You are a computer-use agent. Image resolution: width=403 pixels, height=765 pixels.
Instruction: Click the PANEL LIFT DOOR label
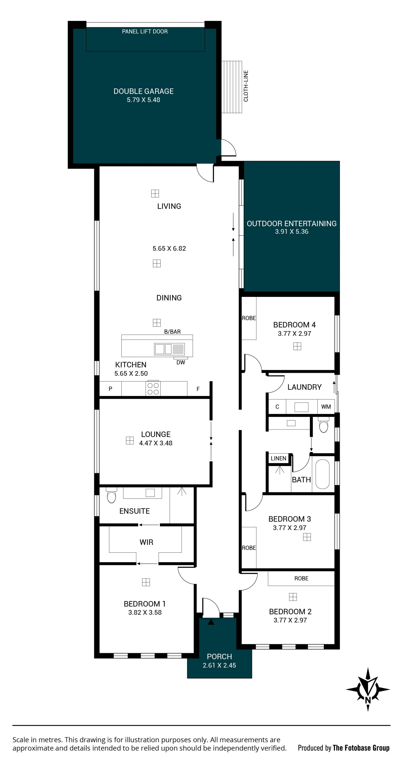tap(145, 31)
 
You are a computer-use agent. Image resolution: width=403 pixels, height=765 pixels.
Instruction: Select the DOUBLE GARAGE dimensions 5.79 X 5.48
tap(143, 100)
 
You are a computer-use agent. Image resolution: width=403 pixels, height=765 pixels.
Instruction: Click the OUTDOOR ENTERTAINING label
tap(292, 224)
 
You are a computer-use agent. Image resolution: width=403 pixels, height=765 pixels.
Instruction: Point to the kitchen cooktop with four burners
tap(153, 388)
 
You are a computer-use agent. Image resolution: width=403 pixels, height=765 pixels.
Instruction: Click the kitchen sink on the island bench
tap(169, 349)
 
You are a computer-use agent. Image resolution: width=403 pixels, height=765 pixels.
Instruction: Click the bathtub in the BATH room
tap(322, 474)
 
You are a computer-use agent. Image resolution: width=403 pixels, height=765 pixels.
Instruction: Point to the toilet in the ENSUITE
tap(111, 495)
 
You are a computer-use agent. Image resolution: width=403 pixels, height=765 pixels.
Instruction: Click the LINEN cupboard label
tap(278, 458)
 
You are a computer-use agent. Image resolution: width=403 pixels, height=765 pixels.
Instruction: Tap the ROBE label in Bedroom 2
tap(301, 578)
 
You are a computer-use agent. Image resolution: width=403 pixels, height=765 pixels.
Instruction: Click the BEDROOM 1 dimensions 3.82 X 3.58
tap(145, 612)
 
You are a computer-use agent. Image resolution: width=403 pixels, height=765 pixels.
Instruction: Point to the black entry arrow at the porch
tap(211, 622)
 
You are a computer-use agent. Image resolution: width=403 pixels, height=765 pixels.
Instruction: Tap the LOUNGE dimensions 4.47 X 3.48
tap(156, 443)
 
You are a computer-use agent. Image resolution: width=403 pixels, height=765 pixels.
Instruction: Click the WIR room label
tap(146, 542)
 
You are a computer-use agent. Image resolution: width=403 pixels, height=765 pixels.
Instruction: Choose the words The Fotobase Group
tap(361, 748)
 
